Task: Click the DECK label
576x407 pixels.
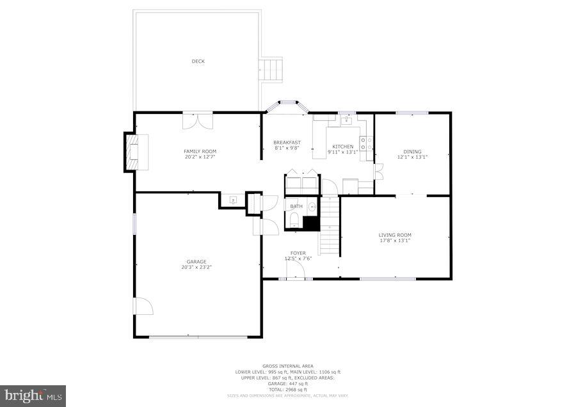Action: point(198,61)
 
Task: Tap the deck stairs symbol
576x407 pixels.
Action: point(270,69)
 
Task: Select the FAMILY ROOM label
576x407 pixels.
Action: point(200,152)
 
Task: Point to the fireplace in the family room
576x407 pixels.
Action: point(135,152)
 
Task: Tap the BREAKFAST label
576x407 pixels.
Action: point(287,142)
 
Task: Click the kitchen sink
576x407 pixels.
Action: point(347,120)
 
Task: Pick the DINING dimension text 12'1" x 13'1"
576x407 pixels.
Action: point(412,157)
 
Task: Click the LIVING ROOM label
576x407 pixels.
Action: point(394,235)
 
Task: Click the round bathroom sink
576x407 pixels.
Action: point(312,207)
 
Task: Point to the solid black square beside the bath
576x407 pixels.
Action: point(311,223)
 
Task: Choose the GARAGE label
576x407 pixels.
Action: point(196,261)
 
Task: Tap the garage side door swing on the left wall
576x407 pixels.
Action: point(143,307)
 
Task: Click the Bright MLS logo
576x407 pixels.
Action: point(33,396)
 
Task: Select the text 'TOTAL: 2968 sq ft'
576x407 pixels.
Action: point(288,389)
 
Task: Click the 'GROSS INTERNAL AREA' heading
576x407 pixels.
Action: point(288,366)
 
